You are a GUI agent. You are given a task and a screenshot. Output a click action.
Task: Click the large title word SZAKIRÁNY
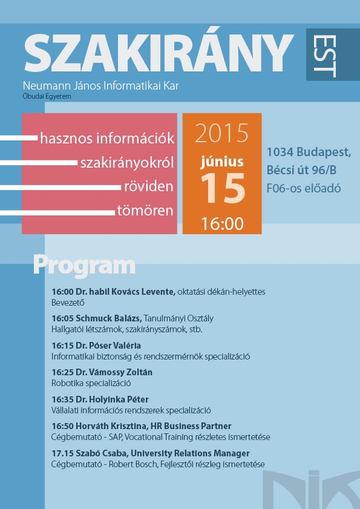click(x=159, y=52)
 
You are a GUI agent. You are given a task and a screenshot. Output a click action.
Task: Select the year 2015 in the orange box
click(x=221, y=133)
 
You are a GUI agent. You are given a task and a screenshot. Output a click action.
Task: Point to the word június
click(x=222, y=162)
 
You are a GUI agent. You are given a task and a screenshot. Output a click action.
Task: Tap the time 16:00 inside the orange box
click(x=223, y=224)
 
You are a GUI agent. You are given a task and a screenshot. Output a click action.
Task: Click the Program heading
click(x=84, y=267)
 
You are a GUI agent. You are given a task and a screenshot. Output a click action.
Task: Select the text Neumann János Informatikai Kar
click(x=101, y=86)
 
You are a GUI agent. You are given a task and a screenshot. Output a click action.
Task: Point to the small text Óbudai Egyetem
click(x=47, y=96)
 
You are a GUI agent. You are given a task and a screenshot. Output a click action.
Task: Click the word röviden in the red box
click(x=149, y=187)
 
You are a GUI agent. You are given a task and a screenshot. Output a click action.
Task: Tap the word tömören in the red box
click(x=145, y=211)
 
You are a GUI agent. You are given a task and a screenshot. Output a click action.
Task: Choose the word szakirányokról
click(x=127, y=163)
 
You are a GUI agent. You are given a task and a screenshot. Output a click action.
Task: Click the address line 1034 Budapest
click(x=309, y=151)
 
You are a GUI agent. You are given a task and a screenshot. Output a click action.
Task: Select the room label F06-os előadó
click(x=304, y=188)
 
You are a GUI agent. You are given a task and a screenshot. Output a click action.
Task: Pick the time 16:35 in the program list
click(x=63, y=399)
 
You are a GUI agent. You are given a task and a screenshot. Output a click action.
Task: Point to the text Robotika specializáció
click(x=91, y=383)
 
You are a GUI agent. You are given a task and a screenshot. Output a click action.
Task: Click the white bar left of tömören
click(x=57, y=213)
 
